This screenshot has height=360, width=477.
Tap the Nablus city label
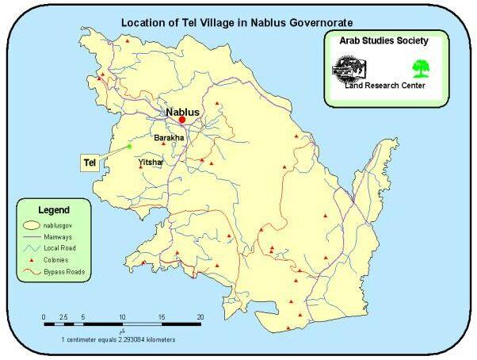pos(181,112)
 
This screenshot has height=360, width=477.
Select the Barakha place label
pos(168,137)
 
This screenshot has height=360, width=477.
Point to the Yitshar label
pos(151,162)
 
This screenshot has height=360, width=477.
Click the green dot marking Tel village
pos(129,146)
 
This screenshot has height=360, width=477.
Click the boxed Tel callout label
pos(91,162)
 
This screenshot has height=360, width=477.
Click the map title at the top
pos(236,23)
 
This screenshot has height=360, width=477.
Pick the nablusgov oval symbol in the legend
pos(33,224)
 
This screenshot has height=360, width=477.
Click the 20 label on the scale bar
pos(200,316)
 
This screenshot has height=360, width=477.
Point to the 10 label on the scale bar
pos(122,316)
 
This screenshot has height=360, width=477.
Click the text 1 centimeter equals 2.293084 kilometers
pos(119,339)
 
